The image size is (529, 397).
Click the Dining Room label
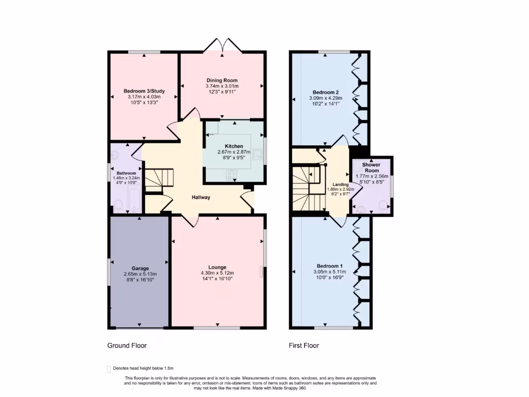point(222,80)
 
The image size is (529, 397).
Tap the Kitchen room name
point(234,146)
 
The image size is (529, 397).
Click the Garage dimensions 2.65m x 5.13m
point(140,274)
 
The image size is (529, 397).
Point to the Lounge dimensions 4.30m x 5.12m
point(217,273)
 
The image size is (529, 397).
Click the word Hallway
point(201,197)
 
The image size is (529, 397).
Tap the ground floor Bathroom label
point(126,173)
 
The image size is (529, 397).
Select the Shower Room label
point(371,167)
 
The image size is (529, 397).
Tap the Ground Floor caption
point(127,345)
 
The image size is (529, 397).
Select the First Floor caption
point(304,345)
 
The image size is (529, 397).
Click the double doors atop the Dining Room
point(223,45)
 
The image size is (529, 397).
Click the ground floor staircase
point(157,180)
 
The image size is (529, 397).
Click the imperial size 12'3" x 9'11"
point(222,92)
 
